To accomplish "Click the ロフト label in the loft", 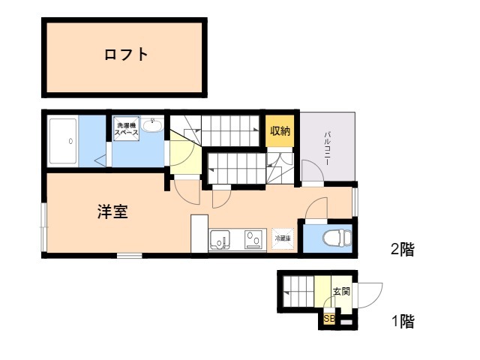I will click(125, 55).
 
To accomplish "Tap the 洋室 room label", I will click(112, 211).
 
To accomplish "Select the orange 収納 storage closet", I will click(280, 131).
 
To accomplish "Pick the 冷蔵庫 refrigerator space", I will click(283, 238).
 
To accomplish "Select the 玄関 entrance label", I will click(341, 291).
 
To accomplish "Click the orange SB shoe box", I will click(328, 318).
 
